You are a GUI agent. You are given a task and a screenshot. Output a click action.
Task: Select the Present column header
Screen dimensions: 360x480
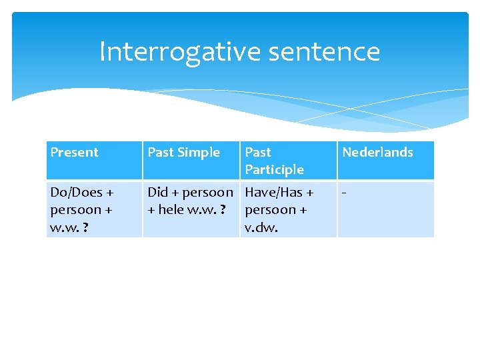pos(74,152)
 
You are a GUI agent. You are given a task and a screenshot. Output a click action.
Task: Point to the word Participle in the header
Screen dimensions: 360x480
pos(274,169)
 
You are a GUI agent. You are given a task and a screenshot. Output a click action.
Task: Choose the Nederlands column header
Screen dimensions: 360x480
pos(377,152)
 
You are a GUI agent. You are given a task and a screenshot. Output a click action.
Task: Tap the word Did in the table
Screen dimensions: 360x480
pos(157,192)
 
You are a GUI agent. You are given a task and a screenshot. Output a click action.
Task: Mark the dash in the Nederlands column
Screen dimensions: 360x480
pos(344,193)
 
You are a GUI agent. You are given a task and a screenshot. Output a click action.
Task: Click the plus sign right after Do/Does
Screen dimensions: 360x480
pos(109,193)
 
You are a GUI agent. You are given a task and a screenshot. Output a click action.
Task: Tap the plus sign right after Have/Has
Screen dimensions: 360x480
pos(309,193)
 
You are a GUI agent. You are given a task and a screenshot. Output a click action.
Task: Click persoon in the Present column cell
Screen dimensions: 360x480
pos(72,209)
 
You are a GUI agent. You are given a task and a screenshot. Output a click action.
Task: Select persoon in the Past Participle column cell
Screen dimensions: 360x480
pos(267,209)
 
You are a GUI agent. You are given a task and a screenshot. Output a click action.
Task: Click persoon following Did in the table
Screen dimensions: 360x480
pos(207,192)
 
